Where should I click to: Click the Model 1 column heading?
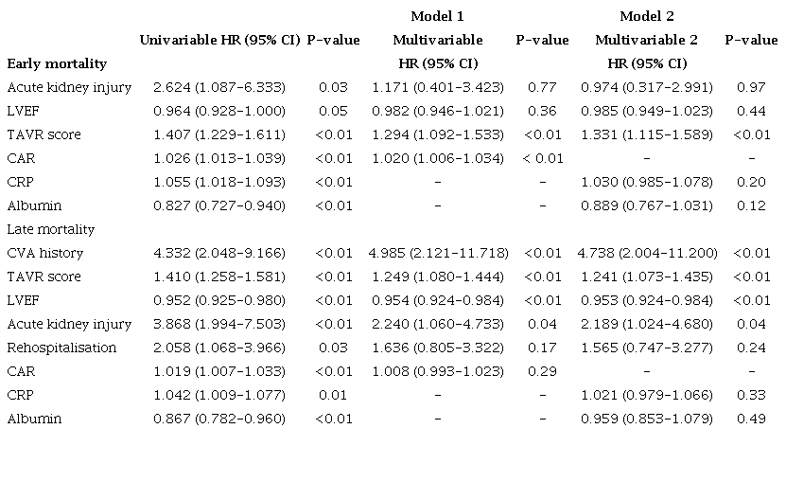tap(437, 16)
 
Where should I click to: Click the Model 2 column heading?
tap(647, 16)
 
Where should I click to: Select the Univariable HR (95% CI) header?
tap(219, 40)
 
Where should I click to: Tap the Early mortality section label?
tap(57, 63)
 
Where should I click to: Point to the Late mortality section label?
tap(51, 229)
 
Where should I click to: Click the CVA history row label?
tap(45, 253)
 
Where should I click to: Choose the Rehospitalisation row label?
tap(61, 348)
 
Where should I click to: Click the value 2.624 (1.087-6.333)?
tap(219, 87)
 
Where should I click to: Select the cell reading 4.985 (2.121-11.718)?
tap(437, 253)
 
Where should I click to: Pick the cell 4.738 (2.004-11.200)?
tap(647, 253)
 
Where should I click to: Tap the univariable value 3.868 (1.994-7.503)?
tap(219, 324)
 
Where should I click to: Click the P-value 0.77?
tap(542, 87)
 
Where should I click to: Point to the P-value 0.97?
tap(752, 87)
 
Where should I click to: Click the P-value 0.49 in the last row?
tap(752, 419)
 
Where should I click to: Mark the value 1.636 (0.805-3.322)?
tap(437, 348)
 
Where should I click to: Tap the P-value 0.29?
tap(542, 371)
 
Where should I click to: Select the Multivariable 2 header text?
tap(647, 40)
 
